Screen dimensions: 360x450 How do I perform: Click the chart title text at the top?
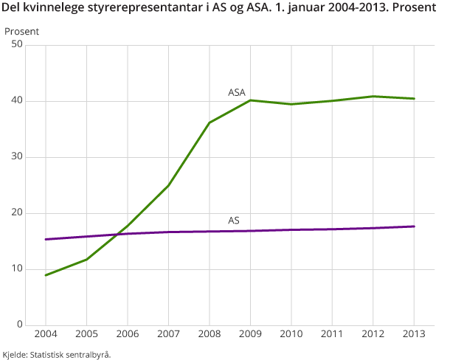click(220, 11)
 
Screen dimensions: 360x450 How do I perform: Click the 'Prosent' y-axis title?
click(21, 32)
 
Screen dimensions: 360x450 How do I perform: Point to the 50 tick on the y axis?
click(18, 45)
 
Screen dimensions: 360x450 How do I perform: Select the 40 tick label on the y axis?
click(18, 101)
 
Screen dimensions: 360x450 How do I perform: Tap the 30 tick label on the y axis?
click(18, 157)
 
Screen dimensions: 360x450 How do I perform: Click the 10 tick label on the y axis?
click(18, 269)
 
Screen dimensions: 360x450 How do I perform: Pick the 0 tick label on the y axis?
click(21, 325)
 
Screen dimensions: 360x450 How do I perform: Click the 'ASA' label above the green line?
click(236, 93)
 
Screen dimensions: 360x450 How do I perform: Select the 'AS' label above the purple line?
click(233, 221)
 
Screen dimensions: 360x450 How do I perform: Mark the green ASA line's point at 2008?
click(210, 122)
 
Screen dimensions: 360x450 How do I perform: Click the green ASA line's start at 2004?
click(46, 275)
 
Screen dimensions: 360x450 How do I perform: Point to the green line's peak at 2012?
click(373, 96)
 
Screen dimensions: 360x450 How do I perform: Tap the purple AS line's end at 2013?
click(414, 226)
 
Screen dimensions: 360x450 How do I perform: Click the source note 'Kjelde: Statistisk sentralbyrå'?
click(57, 355)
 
